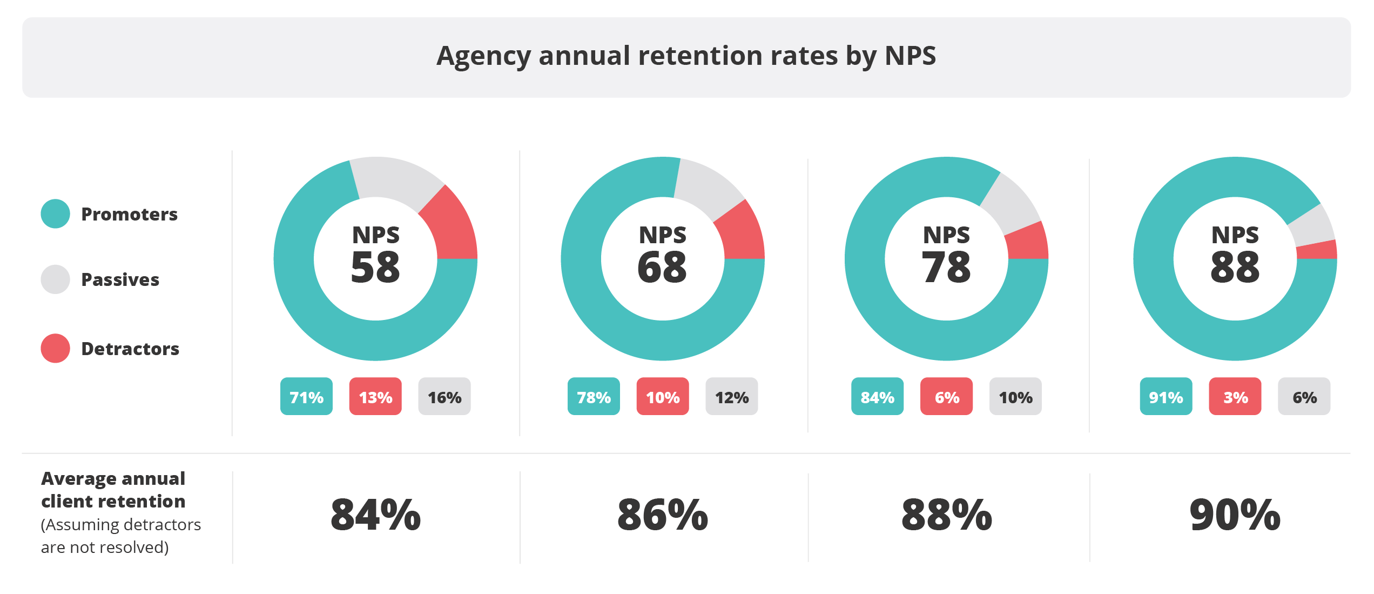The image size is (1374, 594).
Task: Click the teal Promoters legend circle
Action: tap(55, 214)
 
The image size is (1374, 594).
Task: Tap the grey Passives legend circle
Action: tap(55, 279)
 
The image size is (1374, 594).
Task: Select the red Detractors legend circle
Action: tap(55, 349)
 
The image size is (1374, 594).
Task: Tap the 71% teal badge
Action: tap(306, 397)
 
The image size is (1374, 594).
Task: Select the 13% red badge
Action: tap(375, 397)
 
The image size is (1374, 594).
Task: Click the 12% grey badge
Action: tap(732, 397)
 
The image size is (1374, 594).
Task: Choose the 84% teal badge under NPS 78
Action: tap(877, 397)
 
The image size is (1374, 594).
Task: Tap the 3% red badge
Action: tap(1235, 397)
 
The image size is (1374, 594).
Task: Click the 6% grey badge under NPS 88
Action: tap(1304, 397)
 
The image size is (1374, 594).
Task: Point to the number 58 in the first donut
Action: tap(375, 268)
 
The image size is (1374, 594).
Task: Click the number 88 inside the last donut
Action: tap(1235, 268)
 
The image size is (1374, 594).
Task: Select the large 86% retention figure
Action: tap(663, 515)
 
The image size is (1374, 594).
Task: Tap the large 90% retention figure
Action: tap(1235, 515)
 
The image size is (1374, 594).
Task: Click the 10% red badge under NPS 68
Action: tap(663, 397)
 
